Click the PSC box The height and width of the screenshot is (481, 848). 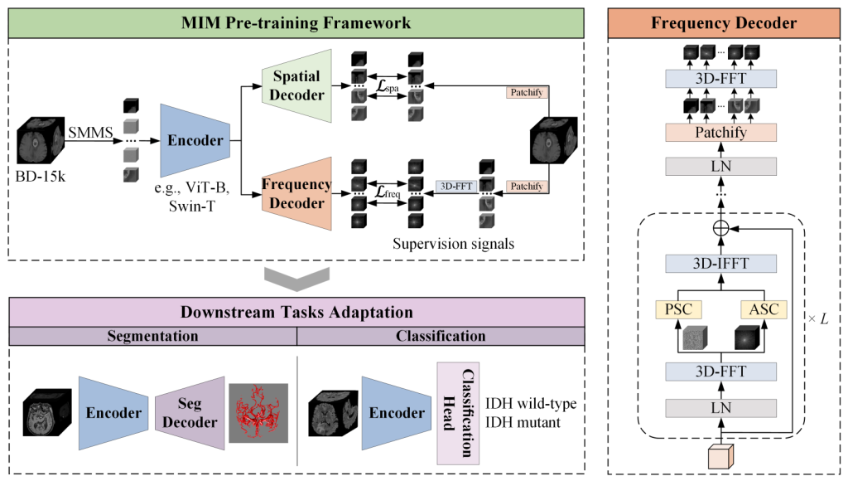click(x=677, y=309)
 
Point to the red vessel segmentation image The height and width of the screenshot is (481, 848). click(x=258, y=412)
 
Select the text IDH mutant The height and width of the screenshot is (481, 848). click(x=525, y=421)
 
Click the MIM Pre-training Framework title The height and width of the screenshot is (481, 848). click(x=296, y=22)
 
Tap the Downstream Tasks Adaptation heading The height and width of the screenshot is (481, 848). click(x=296, y=313)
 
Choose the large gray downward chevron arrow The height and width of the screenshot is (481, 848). click(x=296, y=278)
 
